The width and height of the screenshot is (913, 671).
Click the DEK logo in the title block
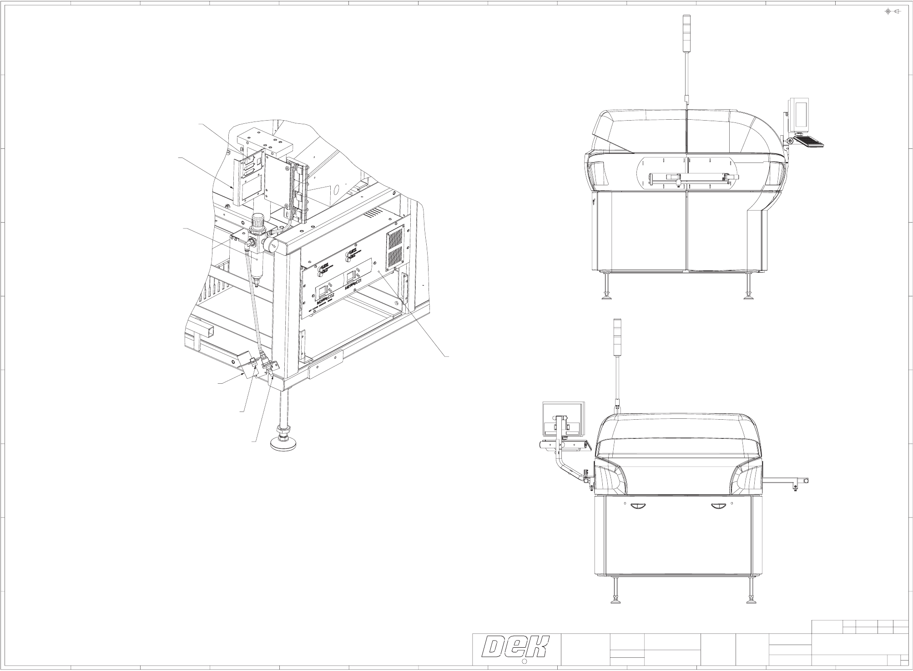516,647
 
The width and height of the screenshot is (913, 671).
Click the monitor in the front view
562,418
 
